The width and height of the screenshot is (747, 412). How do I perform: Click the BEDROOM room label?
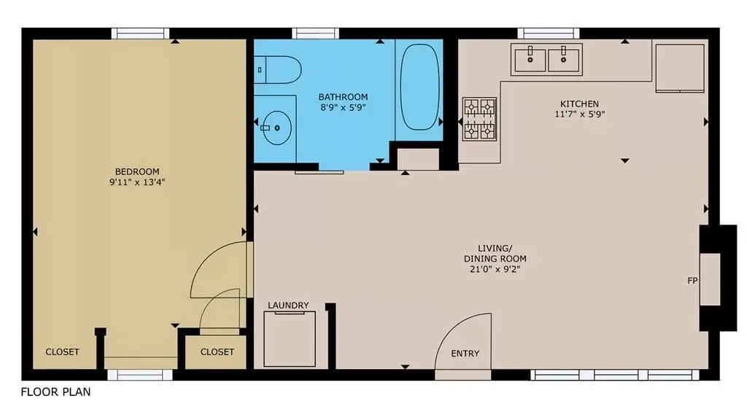click(x=137, y=171)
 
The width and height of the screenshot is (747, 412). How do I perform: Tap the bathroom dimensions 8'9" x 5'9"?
click(x=343, y=108)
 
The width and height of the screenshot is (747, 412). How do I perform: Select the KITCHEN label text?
click(x=579, y=104)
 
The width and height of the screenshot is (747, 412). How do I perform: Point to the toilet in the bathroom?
click(x=278, y=70)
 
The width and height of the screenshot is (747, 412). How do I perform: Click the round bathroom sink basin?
click(x=276, y=128)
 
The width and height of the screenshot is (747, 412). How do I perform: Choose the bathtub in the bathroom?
click(x=419, y=88)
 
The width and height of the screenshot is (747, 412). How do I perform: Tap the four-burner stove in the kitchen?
click(x=480, y=119)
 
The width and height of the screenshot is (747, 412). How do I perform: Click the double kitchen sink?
click(x=546, y=60)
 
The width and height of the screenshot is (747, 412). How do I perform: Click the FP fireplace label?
click(x=693, y=281)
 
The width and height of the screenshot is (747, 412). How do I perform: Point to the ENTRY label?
click(x=465, y=354)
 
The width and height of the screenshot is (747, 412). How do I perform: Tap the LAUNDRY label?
click(x=288, y=305)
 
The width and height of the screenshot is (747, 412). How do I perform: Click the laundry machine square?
click(x=290, y=339)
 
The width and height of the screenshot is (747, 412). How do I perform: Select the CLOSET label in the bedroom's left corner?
click(x=63, y=352)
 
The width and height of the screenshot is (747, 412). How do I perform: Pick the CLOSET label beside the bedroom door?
click(x=217, y=352)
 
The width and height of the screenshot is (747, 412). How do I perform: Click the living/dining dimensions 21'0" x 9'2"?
click(x=495, y=269)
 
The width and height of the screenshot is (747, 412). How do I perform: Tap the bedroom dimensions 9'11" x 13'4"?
click(x=137, y=182)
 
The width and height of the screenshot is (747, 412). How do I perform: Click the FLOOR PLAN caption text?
click(x=55, y=392)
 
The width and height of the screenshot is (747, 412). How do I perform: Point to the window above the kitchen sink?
click(x=549, y=34)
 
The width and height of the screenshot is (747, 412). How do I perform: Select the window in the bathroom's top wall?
click(x=315, y=34)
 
